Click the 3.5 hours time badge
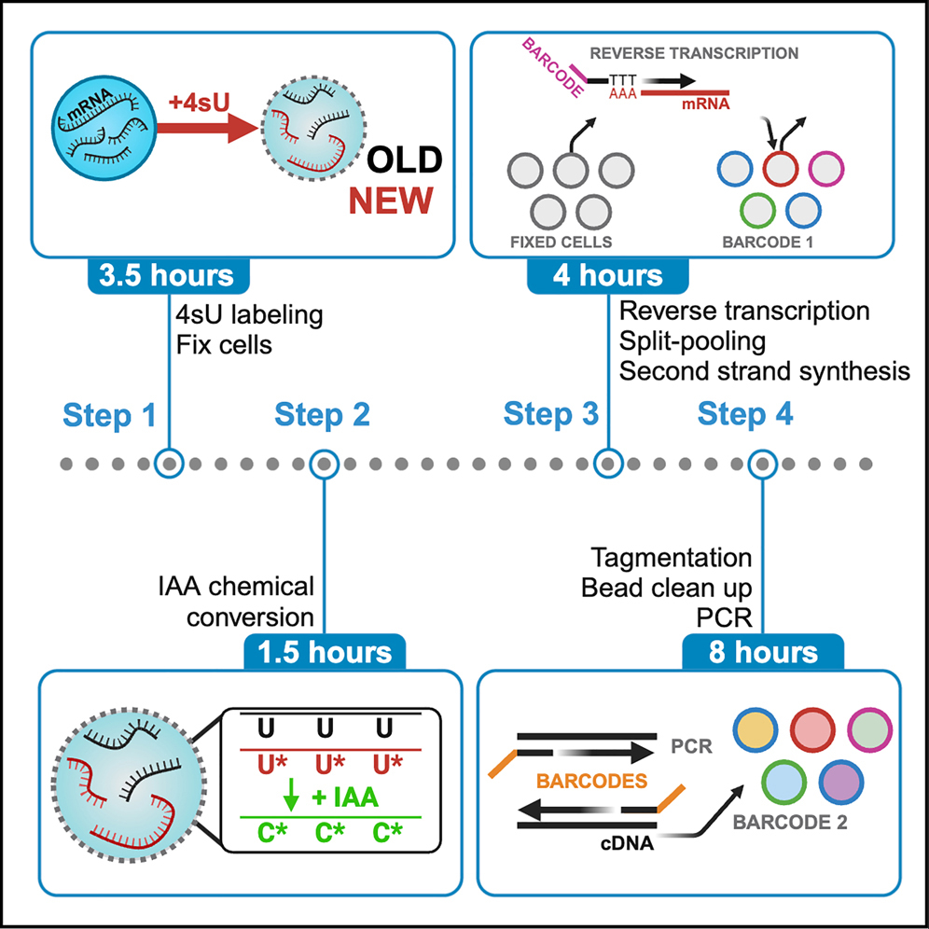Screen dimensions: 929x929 point(169,275)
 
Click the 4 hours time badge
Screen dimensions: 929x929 point(608,275)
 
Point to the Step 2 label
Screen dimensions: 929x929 point(322,414)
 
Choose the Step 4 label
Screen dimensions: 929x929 point(745,414)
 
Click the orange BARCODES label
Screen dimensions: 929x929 point(593,781)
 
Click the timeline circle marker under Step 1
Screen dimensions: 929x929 point(169,463)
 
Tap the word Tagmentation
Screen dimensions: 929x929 point(672,558)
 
